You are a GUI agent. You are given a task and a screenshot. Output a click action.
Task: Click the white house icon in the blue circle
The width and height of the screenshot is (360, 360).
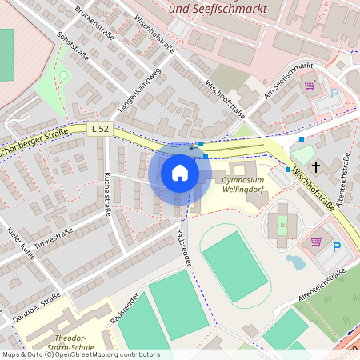(x=180, y=173)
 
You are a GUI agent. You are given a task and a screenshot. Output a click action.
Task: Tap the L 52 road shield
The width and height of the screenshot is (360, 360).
(x=100, y=128)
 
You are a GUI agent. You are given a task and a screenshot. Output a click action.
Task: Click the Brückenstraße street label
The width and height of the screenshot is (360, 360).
(x=94, y=22)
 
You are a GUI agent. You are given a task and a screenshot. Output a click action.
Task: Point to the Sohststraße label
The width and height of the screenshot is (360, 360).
(x=73, y=48)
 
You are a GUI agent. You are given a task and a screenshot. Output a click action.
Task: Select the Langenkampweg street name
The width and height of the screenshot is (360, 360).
(x=140, y=88)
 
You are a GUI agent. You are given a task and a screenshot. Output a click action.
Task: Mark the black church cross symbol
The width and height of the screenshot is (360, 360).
(x=316, y=166)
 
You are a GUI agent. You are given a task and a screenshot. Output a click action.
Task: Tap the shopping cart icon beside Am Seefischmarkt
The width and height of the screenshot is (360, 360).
(x=310, y=85)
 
